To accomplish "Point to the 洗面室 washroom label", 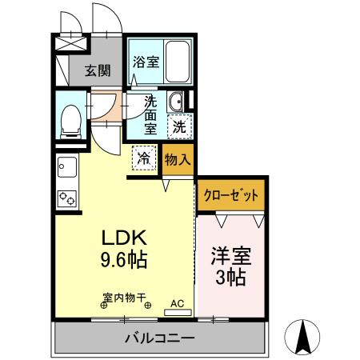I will [150, 114].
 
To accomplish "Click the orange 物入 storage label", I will [178, 158].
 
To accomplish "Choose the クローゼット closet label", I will [232, 195].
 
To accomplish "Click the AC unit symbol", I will [178, 304].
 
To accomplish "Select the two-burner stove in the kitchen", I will [66, 197].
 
